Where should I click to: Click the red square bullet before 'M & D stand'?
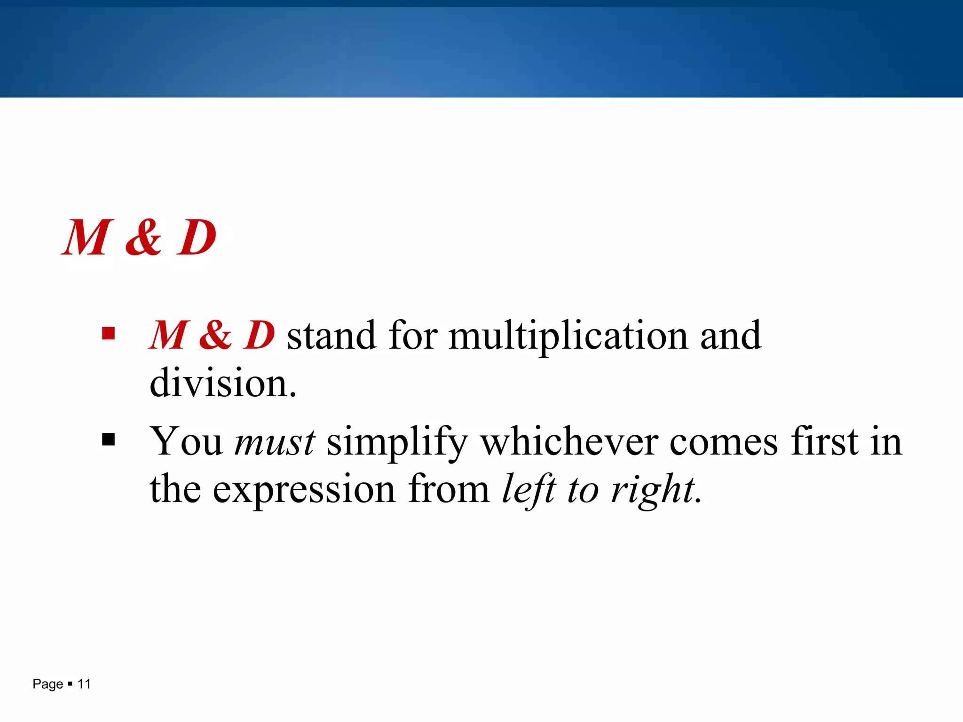pos(108,334)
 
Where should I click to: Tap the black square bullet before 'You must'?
pos(108,440)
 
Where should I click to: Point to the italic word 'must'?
pos(275,442)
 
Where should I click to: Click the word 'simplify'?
pos(397,442)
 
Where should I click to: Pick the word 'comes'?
pos(724,442)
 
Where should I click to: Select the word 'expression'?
pos(304,490)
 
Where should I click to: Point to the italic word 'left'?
pos(529,490)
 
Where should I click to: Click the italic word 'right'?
pos(653,490)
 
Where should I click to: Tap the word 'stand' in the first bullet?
pos(332,337)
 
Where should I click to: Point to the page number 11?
pos(84,684)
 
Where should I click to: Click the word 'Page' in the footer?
pos(47,684)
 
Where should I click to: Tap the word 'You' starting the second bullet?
pos(186,442)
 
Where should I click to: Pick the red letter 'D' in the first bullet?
pos(259,336)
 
